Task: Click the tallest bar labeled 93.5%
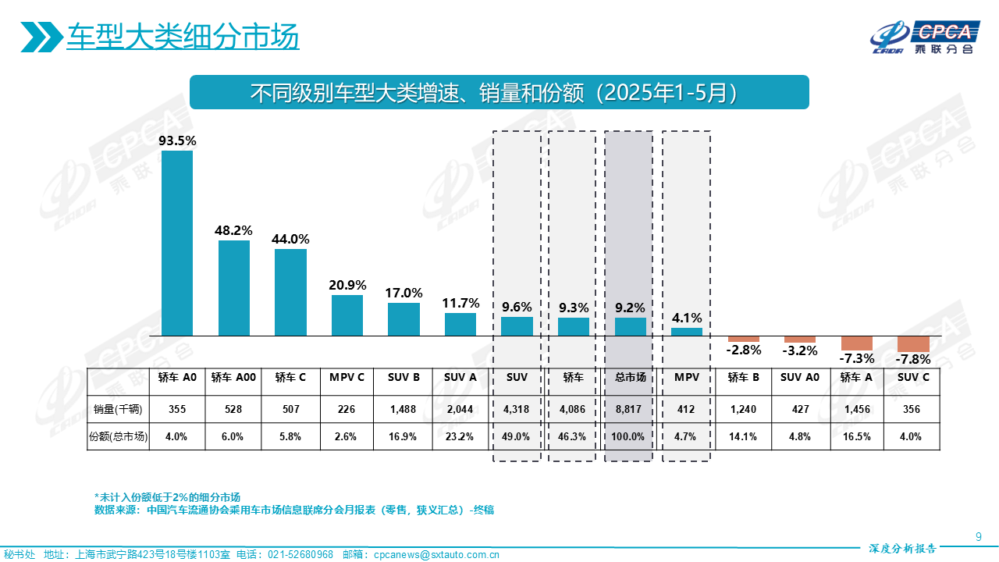point(177,243)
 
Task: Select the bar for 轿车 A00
point(234,288)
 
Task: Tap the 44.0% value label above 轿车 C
point(290,239)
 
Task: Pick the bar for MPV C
point(347,315)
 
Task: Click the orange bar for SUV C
point(913,343)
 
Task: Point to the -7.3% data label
point(856,358)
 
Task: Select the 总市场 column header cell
point(630,378)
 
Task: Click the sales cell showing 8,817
point(630,408)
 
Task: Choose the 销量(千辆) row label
point(118,408)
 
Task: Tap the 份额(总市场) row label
point(118,436)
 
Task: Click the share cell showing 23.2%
point(460,436)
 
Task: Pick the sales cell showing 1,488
point(404,408)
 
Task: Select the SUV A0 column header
point(799,378)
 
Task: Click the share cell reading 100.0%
point(630,436)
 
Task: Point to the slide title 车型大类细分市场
point(183,37)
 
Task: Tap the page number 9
point(979,535)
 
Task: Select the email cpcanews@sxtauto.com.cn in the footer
point(436,555)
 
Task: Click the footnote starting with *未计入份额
point(167,496)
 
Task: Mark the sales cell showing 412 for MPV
point(686,408)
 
